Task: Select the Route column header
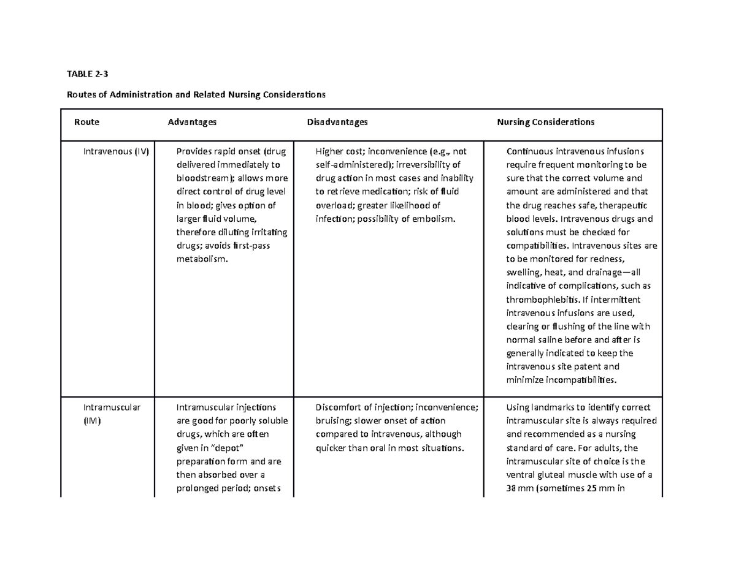point(86,122)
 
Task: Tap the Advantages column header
point(192,122)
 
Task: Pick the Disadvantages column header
point(337,122)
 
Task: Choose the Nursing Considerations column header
point(545,122)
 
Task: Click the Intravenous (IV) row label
point(117,151)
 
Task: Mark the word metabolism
point(200,259)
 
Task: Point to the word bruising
point(334,421)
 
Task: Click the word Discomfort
point(340,407)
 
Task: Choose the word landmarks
point(556,407)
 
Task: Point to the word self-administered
point(352,165)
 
